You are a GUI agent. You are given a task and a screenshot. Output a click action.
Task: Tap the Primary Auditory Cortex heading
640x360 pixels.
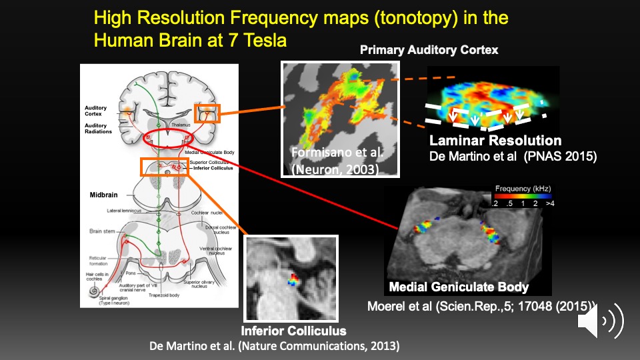(x=429, y=50)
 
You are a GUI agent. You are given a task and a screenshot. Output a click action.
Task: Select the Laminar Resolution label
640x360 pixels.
(x=495, y=141)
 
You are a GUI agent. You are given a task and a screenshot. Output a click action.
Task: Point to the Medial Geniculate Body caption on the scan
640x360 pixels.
(x=459, y=287)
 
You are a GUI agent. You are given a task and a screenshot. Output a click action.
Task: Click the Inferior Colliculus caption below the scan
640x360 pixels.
(x=294, y=331)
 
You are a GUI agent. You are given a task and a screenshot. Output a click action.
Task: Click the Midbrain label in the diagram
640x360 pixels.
(x=105, y=195)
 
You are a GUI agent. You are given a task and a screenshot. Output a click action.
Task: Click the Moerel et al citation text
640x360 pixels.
(x=480, y=307)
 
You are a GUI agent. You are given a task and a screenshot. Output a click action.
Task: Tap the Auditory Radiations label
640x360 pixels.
(x=96, y=129)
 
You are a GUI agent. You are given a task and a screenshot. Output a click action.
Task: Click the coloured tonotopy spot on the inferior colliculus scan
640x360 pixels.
(x=293, y=279)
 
